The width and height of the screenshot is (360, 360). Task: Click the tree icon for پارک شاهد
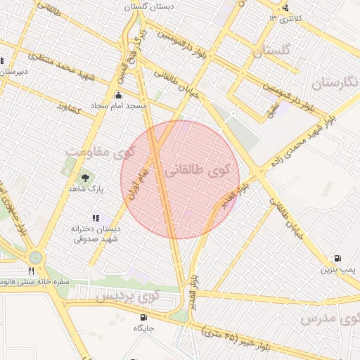point(86,178)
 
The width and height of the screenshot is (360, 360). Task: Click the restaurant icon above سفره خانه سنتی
point(31,271)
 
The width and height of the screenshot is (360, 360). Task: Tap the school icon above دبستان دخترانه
point(96,218)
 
